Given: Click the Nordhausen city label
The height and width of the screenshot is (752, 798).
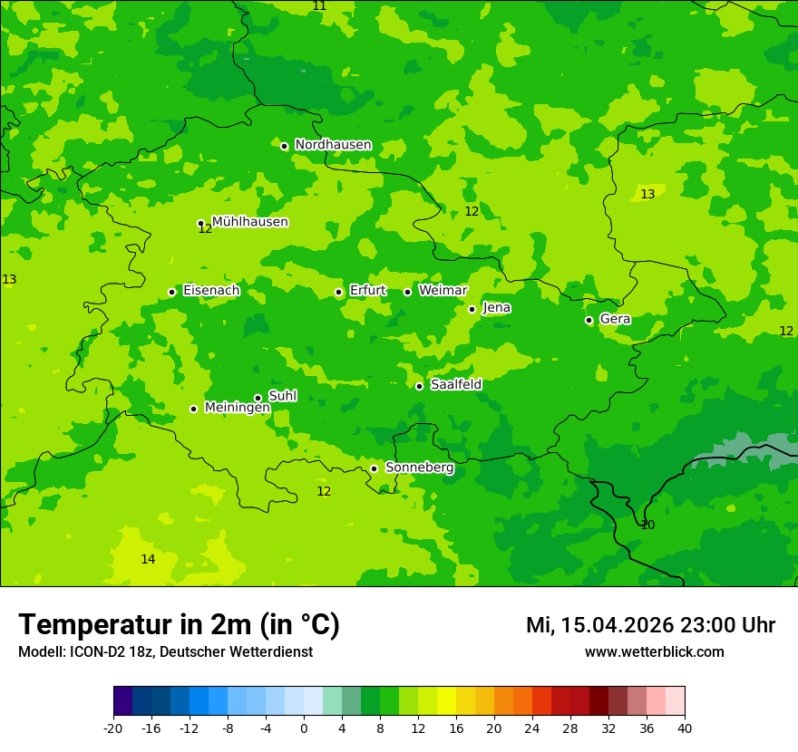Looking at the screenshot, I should tap(333, 145).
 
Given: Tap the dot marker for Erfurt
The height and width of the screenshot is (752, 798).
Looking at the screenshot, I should tap(338, 292).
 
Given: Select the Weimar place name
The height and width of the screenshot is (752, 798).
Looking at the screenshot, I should tap(443, 291).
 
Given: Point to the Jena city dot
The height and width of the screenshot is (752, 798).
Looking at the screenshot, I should tap(472, 309).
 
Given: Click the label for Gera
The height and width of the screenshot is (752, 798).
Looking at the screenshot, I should tap(615, 319).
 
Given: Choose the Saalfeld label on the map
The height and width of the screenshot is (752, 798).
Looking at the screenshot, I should tap(455, 385).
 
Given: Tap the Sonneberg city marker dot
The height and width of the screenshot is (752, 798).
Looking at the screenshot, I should tap(374, 468).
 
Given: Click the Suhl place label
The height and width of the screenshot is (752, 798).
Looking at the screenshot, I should tap(282, 396).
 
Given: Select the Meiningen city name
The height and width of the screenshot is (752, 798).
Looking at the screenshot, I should tap(237, 408).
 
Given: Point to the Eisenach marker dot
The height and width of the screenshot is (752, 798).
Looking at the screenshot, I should tap(171, 292).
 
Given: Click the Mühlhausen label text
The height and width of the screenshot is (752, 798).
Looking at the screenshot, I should tap(249, 222).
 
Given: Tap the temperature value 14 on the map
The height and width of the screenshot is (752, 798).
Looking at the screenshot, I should tap(148, 559).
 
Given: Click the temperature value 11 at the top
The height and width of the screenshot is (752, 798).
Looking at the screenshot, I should tap(319, 6).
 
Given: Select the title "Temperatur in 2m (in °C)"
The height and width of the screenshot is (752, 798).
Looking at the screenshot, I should tap(179, 624).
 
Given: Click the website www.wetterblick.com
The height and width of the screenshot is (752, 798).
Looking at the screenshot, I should tap(654, 651).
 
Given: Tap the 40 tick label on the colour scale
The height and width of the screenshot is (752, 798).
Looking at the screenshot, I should tap(685, 728).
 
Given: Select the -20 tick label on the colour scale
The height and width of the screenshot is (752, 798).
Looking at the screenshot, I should tap(113, 728).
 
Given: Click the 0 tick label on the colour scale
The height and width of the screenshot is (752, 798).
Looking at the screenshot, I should tap(304, 728).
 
